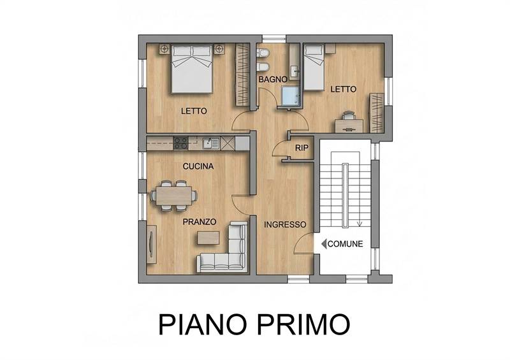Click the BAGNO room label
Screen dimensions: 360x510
coord(272,80)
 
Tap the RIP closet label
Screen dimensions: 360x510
coord(302,148)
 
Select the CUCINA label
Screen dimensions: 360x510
coord(198,166)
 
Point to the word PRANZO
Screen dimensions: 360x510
coord(200,222)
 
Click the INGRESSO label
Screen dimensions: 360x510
coord(286,225)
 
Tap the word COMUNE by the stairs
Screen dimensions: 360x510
coord(346,243)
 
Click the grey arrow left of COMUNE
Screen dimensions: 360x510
coord(324,243)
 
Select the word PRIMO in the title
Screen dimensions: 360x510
coord(302,324)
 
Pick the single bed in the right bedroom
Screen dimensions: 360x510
coord(314,67)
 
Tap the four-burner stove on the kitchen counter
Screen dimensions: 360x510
coord(180,143)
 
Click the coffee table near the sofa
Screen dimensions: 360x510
coord(208,238)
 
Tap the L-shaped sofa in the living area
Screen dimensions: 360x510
coord(229,252)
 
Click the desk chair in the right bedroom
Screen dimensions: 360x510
coord(347,115)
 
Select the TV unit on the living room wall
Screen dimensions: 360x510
coord(150,244)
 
